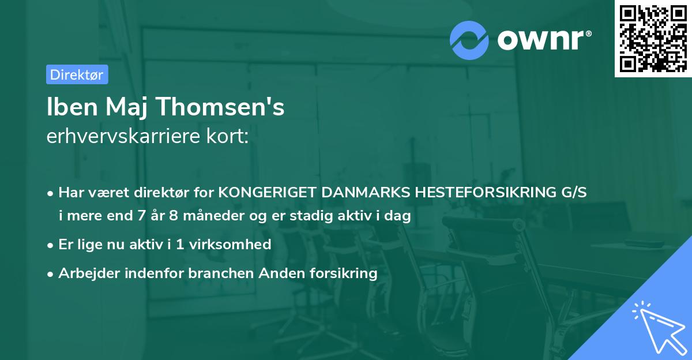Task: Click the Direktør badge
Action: (x=77, y=74)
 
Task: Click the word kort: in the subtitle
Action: (x=230, y=137)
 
